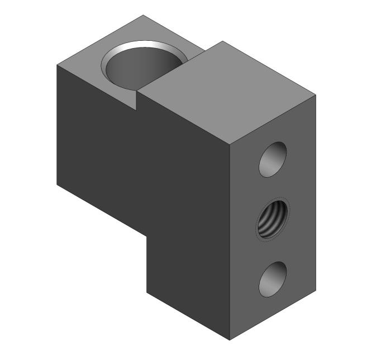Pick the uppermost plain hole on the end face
click(x=273, y=159)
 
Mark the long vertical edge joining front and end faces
click(x=230, y=240)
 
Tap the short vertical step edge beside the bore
click(x=138, y=100)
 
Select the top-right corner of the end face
click(x=316, y=95)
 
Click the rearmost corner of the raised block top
click(x=222, y=41)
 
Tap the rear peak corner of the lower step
click(x=143, y=15)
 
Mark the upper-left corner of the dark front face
click(x=58, y=65)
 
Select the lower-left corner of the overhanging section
click(x=58, y=184)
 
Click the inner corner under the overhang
click(x=147, y=235)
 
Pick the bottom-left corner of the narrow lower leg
click(x=147, y=292)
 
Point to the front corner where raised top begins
click(x=138, y=92)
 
